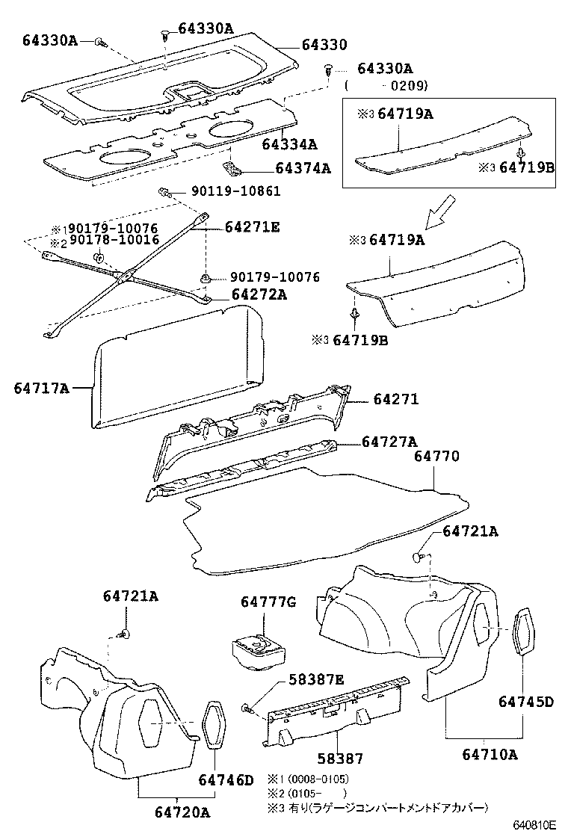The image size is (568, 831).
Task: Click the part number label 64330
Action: pos(324,45)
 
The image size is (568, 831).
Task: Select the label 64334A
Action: pos(289,143)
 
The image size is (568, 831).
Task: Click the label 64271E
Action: pos(252,227)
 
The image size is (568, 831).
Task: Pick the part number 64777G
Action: pos(268,602)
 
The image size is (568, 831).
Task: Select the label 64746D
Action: pos(226,781)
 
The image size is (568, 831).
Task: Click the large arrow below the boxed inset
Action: pos(440,211)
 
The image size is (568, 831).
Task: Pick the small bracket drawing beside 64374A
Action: pos(235,167)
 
